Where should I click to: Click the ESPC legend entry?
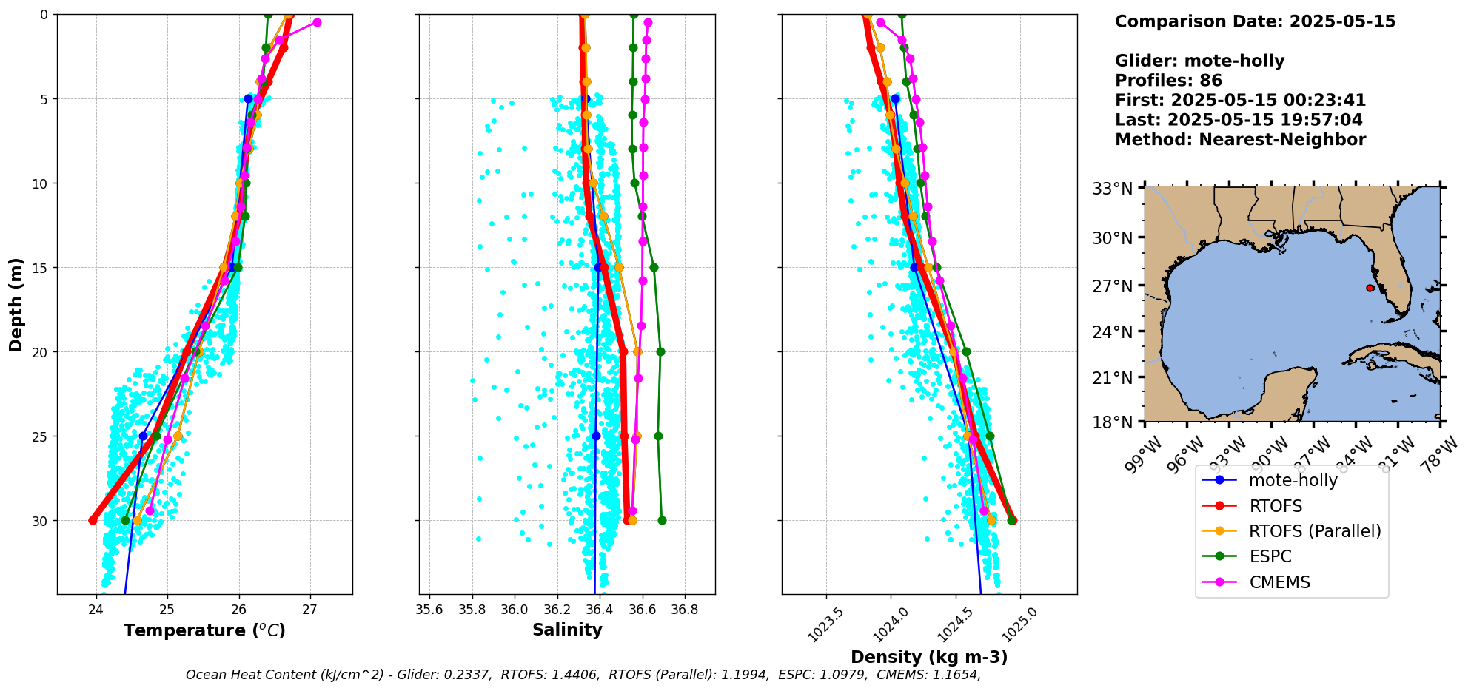pyautogui.click(x=1270, y=557)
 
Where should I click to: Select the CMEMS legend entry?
pyautogui.click(x=1279, y=583)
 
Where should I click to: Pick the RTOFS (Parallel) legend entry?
pyautogui.click(x=1314, y=532)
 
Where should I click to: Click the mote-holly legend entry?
pyautogui.click(x=1293, y=481)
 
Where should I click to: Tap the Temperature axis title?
pyautogui.click(x=204, y=631)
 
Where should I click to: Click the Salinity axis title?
pyautogui.click(x=567, y=630)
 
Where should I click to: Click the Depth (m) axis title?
pyautogui.click(x=16, y=305)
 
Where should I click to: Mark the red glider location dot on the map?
pyautogui.click(x=1370, y=288)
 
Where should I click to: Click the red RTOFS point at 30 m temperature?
pyautogui.click(x=93, y=521)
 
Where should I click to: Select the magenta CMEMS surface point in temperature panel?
pyautogui.click(x=317, y=22)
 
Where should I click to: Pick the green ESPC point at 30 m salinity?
pyautogui.click(x=662, y=521)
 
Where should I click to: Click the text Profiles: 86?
pyautogui.click(x=1168, y=81)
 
